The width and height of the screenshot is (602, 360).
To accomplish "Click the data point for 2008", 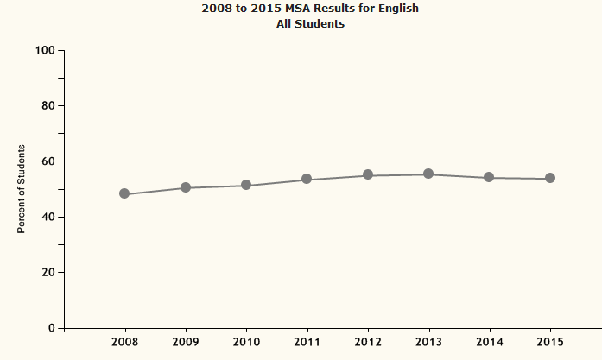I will pyautogui.click(x=124, y=194).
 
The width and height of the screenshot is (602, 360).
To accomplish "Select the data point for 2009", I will pyautogui.click(x=186, y=187).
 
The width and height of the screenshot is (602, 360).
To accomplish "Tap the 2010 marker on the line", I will pyautogui.click(x=246, y=185).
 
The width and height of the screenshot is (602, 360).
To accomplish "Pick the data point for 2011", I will pyautogui.click(x=307, y=179).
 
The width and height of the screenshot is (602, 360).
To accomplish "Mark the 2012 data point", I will pyautogui.click(x=368, y=174).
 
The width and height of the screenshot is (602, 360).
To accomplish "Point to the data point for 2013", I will pyautogui.click(x=428, y=174).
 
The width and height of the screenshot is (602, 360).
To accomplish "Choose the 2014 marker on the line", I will pyautogui.click(x=489, y=177).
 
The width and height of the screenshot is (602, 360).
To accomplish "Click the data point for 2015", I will pyautogui.click(x=549, y=178).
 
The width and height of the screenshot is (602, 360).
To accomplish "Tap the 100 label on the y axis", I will pyautogui.click(x=45, y=51).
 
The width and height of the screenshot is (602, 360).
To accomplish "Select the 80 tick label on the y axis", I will pyautogui.click(x=48, y=106).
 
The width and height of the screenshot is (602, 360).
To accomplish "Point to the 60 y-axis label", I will pyautogui.click(x=48, y=161).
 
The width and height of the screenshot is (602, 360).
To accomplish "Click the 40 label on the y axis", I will pyautogui.click(x=48, y=217).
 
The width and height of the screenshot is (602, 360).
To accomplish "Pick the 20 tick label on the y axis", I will pyautogui.click(x=48, y=273).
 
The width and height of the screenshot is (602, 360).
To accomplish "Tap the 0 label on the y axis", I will pyautogui.click(x=52, y=328).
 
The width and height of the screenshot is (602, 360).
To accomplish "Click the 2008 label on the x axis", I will pyautogui.click(x=125, y=343).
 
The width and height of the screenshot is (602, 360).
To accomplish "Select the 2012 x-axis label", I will pyautogui.click(x=368, y=343).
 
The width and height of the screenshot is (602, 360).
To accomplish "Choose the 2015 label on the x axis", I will pyautogui.click(x=549, y=343).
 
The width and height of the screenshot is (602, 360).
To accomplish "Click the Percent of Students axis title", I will pyautogui.click(x=22, y=189).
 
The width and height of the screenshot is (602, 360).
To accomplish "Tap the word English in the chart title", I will pyautogui.click(x=398, y=9).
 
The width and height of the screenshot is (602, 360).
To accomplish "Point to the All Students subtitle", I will pyautogui.click(x=309, y=24).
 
